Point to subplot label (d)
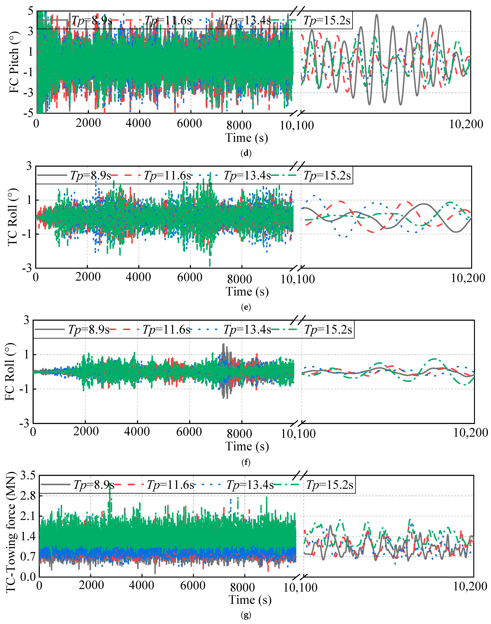[x=246, y=153]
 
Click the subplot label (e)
[x=246, y=307]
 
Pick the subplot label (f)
[x=246, y=462]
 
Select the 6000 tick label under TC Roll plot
[x=190, y=277]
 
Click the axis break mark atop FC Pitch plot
[x=297, y=11]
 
